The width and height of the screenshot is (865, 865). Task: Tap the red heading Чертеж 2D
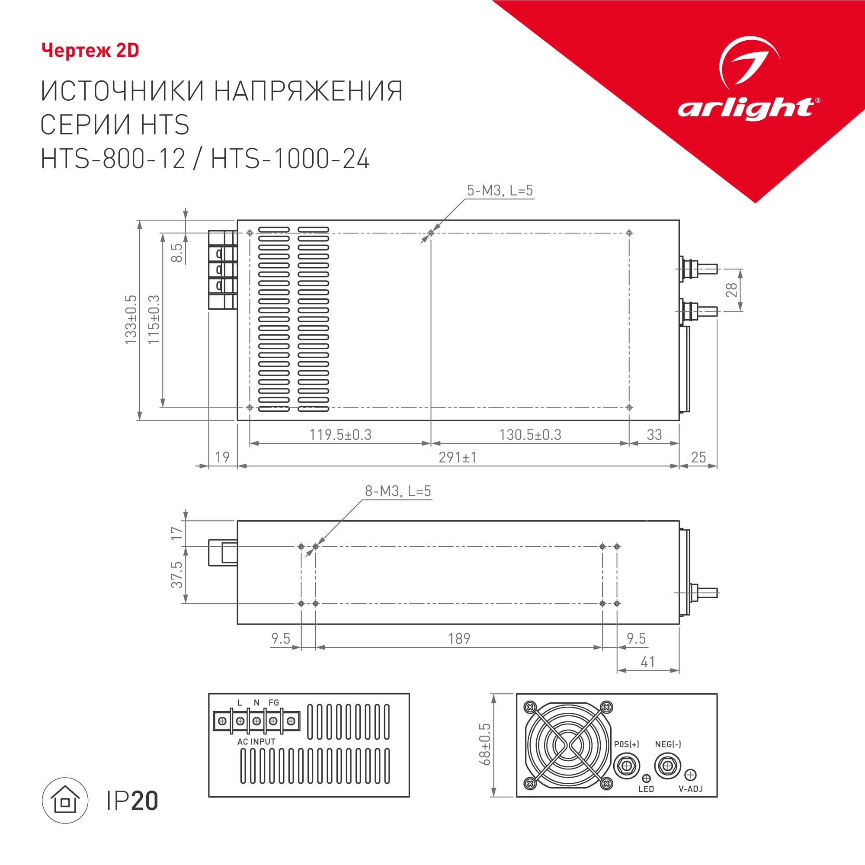click(90, 51)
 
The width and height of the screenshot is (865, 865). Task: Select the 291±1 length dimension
click(458, 458)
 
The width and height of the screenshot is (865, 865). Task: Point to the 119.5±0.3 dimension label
click(340, 435)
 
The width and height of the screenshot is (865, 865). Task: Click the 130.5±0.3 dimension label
click(530, 435)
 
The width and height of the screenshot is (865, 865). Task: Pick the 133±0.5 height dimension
click(131, 320)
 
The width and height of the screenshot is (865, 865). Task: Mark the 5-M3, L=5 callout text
click(500, 191)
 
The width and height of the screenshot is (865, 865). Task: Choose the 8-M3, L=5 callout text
click(397, 491)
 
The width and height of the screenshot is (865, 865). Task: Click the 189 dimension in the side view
click(459, 639)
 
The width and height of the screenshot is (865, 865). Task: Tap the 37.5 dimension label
click(177, 575)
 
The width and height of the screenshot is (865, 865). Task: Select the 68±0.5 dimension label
click(485, 744)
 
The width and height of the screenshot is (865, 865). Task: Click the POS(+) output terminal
click(626, 766)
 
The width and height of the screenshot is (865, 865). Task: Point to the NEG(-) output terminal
click(667, 766)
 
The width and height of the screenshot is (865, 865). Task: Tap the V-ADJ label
click(691, 789)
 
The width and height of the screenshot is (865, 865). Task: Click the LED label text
click(646, 789)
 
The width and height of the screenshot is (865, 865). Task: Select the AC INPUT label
click(256, 742)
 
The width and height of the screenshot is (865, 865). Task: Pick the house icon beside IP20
click(65, 801)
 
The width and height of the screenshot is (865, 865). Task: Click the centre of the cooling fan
click(568, 746)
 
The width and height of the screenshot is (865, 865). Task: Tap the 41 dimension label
click(648, 662)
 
